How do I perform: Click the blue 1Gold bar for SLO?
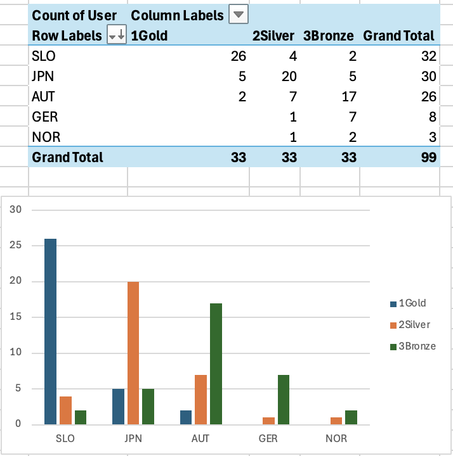[50, 331]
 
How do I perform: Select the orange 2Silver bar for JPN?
[133, 353]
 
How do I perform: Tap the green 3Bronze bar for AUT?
[217, 364]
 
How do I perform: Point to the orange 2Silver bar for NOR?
[336, 421]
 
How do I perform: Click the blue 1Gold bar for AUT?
[185, 417]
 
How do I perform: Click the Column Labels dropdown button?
[238, 15]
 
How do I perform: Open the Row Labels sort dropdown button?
[117, 35]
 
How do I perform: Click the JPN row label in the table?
[43, 76]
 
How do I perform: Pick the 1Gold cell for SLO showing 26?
[239, 56]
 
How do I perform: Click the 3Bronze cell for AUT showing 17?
[348, 96]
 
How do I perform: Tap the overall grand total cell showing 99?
[430, 157]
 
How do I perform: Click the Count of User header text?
[74, 15]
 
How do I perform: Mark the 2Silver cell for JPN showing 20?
[289, 76]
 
